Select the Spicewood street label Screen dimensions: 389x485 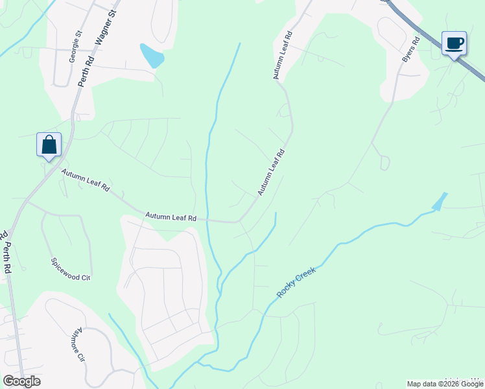pos(71,270)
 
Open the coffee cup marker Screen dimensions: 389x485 pos(454,43)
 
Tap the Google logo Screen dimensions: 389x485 pos(21,381)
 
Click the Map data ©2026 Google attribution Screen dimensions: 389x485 pos(445,384)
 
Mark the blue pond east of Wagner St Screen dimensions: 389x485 pos(153,56)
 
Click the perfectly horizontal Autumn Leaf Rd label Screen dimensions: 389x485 pos(171,217)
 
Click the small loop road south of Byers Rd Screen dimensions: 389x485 pos(384,162)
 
